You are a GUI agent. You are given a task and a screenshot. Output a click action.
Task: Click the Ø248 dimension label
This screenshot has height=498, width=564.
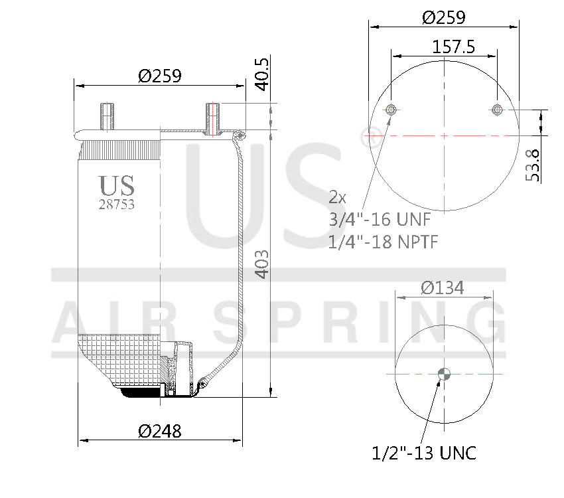pos(159,431)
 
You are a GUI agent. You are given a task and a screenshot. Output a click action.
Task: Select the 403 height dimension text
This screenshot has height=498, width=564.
pos(262,264)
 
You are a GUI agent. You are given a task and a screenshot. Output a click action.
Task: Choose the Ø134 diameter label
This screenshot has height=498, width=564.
pos(443,288)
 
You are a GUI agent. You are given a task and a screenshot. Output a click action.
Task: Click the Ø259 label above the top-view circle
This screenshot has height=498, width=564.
pos(444,17)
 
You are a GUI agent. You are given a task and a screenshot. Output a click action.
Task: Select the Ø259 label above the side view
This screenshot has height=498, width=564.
pos(159,76)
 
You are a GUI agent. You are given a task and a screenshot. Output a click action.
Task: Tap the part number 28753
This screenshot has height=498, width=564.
pos(117,205)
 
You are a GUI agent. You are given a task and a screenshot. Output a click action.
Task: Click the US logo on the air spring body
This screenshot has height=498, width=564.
pos(117,185)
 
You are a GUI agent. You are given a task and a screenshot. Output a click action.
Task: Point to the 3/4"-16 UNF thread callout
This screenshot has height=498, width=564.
pos(376,219)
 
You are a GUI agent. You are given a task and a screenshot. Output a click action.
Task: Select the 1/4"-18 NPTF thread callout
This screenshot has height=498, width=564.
pos(383,241)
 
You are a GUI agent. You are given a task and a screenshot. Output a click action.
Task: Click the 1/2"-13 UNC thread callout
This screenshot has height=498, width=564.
pos(424,454)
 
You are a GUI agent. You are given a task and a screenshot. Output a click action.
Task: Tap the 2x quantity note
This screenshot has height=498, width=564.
pos(337,197)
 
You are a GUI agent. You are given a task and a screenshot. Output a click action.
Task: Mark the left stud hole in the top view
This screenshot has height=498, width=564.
pos(391,110)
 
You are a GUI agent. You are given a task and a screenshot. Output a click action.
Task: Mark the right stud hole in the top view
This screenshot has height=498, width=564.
pos(496,110)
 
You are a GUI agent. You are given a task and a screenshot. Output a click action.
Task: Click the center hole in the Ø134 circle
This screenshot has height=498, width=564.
pos(443,374)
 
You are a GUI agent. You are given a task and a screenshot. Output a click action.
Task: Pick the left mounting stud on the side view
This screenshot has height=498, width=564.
pos(107,117)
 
